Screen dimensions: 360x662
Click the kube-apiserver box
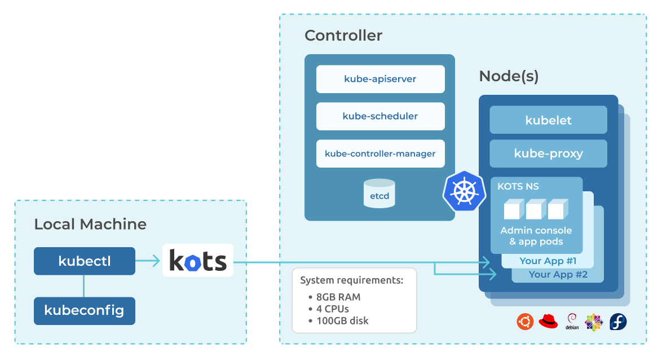(x=380, y=79)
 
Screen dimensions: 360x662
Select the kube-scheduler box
(x=380, y=116)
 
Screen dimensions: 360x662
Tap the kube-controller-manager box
(x=380, y=153)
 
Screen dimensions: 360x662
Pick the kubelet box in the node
(x=548, y=120)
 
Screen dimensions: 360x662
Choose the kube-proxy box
(x=548, y=153)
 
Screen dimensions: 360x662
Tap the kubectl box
(x=85, y=261)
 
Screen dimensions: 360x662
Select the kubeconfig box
(x=85, y=310)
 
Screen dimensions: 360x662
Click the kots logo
(x=198, y=261)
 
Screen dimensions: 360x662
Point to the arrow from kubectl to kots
(x=148, y=261)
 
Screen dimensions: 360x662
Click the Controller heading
(x=343, y=36)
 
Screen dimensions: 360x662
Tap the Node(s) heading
(x=509, y=76)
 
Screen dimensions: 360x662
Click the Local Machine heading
(x=90, y=224)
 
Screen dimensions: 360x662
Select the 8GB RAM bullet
(x=337, y=297)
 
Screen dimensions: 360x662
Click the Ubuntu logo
(x=525, y=322)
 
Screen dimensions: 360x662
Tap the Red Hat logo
(x=548, y=322)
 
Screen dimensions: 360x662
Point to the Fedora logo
(x=618, y=322)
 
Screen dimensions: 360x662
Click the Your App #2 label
(x=558, y=275)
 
